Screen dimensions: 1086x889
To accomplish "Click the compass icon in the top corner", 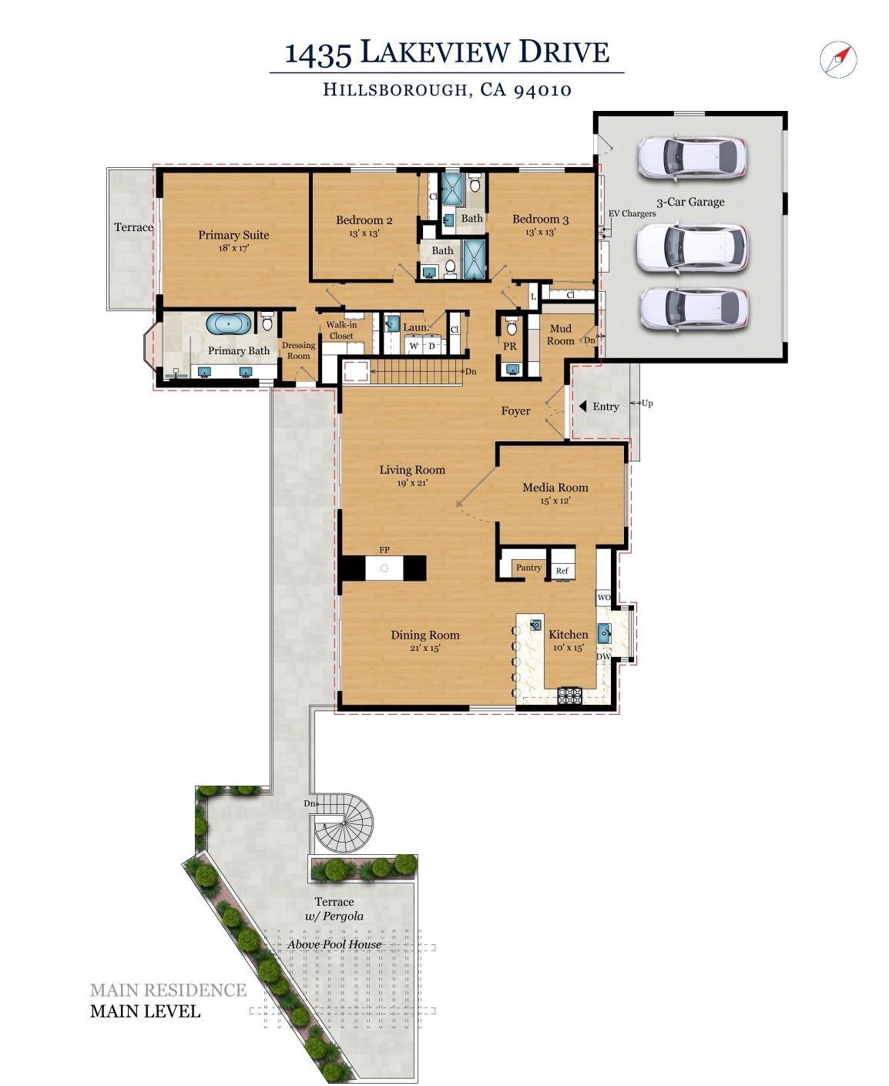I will (x=838, y=59).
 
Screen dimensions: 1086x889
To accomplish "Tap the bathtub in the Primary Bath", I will (x=229, y=323).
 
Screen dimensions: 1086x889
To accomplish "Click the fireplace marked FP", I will (x=384, y=568).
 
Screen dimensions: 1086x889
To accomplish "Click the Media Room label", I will (x=555, y=488).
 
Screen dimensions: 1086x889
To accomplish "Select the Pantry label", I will (x=528, y=568).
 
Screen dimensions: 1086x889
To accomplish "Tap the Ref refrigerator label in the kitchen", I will (x=562, y=571).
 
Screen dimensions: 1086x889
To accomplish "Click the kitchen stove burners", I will (x=570, y=696).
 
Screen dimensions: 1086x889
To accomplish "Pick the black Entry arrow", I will (x=583, y=406).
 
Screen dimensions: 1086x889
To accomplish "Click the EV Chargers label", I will (x=632, y=213).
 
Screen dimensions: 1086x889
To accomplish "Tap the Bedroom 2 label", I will (x=364, y=220).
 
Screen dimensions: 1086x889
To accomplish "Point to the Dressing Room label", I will (x=298, y=350).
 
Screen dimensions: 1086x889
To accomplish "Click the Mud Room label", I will (x=560, y=334).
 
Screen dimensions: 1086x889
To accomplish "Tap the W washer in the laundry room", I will (x=414, y=346).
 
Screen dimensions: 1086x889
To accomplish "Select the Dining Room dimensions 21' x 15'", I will (x=424, y=649).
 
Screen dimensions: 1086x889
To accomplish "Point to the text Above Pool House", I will (x=334, y=944).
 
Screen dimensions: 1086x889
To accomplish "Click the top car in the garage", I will (x=691, y=157).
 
